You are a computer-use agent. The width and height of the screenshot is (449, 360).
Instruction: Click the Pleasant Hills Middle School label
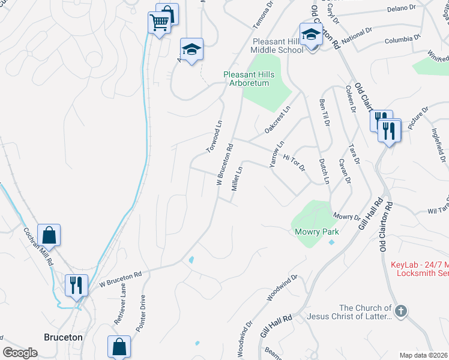click(x=277, y=46)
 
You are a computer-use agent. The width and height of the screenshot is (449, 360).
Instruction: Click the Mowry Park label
click(x=316, y=232)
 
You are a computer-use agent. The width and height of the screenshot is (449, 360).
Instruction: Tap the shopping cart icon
click(x=159, y=23)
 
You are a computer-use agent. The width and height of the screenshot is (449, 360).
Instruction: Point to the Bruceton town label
click(x=63, y=337)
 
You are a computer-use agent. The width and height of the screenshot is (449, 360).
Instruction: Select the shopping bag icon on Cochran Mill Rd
click(x=49, y=235)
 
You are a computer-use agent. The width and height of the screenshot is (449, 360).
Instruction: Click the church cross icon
click(x=402, y=311)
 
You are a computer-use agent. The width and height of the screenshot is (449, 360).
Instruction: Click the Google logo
click(x=20, y=353)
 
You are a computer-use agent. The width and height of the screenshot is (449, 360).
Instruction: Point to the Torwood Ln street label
click(x=214, y=130)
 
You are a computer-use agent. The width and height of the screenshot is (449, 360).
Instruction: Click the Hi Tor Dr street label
click(x=294, y=160)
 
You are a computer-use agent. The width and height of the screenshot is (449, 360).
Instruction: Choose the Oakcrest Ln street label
click(x=277, y=120)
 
